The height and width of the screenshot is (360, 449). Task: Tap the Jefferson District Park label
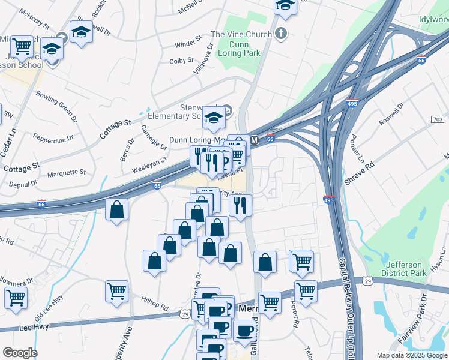point(406,268)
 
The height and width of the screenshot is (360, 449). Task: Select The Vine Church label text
point(241,35)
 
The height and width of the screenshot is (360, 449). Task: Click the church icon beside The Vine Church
point(282,34)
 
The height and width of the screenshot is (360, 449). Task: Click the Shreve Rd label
point(359,172)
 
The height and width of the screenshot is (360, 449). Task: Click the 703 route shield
point(438,120)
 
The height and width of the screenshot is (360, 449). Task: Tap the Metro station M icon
point(254,140)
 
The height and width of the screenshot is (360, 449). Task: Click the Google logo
point(20,353)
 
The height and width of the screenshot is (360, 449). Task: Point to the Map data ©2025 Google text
point(412,355)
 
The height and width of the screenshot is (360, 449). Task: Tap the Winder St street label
point(188,44)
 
